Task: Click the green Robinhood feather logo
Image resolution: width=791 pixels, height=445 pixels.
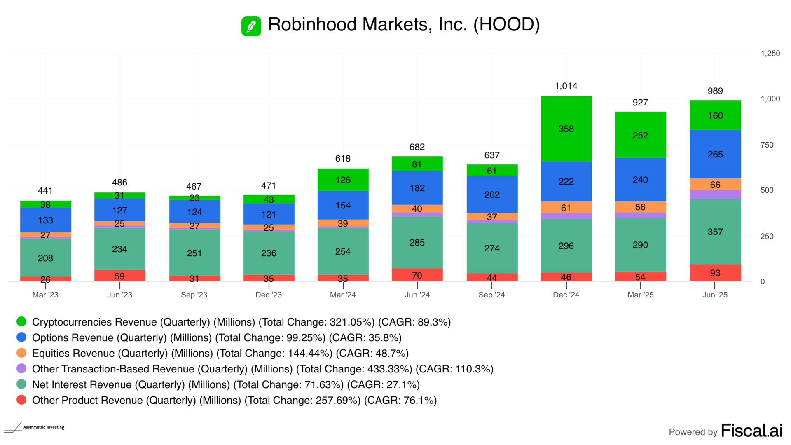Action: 251,26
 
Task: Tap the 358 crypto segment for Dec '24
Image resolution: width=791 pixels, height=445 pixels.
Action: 566,129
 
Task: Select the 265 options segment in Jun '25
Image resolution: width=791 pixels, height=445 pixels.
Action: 715,154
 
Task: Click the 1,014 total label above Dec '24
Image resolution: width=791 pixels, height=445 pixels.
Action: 566,86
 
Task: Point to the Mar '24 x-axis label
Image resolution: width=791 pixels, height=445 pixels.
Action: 343,295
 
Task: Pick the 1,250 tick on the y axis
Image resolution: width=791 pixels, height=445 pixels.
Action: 770,54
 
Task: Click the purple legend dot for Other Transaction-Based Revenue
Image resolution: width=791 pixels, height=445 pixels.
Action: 21,368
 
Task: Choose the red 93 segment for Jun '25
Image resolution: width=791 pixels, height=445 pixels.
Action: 715,273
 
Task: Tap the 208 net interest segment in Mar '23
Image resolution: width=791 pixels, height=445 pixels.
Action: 45,258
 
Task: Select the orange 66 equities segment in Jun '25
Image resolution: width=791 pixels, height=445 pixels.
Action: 715,185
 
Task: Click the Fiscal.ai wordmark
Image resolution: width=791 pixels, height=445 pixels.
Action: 751,431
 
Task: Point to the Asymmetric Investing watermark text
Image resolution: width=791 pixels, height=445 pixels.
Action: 44,427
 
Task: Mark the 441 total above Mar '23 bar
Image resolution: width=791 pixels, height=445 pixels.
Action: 45,191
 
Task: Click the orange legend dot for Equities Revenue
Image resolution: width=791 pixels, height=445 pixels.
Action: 21,353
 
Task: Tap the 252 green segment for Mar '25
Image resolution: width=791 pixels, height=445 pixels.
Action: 640,135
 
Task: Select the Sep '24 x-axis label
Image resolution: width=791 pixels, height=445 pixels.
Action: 491,295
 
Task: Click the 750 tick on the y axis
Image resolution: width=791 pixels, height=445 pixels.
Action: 767,145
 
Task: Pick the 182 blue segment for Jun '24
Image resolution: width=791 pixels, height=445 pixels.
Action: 417,188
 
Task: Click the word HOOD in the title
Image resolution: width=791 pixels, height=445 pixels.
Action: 506,25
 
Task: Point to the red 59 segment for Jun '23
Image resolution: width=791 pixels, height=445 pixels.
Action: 119,276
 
